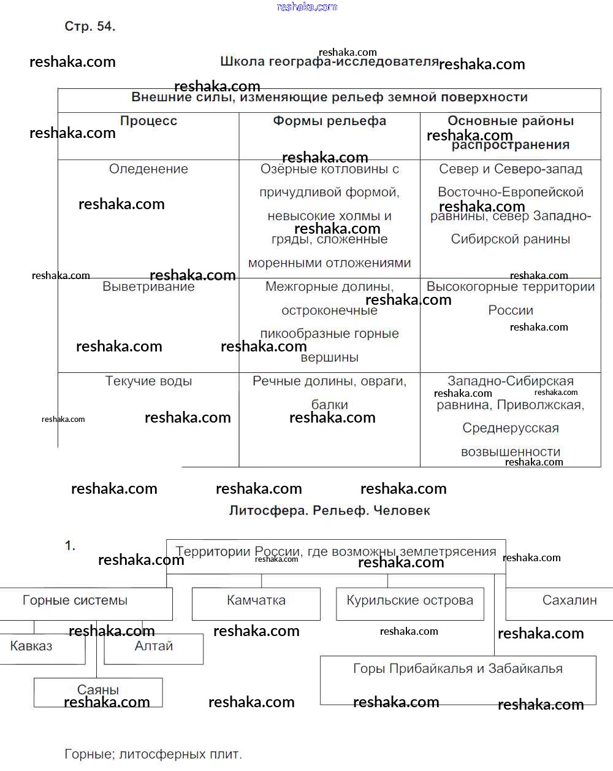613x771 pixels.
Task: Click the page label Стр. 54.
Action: point(89,26)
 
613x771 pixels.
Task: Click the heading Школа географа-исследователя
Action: point(329,61)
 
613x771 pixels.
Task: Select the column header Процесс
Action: point(148,121)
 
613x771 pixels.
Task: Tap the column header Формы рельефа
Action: point(329,121)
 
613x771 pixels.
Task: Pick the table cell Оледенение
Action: point(148,169)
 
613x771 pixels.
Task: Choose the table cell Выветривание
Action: point(148,286)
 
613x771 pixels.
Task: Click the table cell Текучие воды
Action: point(148,381)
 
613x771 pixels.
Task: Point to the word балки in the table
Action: point(329,404)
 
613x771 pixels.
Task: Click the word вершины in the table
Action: point(329,357)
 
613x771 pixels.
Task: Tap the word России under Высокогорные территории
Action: point(510,310)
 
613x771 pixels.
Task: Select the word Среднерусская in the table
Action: point(510,428)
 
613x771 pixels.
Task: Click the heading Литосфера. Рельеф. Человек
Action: point(329,510)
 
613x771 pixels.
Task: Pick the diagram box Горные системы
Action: point(75,600)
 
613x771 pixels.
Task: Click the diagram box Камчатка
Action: point(256,600)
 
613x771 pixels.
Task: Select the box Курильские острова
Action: point(409,600)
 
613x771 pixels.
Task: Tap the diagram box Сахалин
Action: point(569,600)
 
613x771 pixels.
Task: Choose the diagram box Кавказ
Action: point(32,646)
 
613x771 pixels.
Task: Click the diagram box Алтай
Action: point(153,646)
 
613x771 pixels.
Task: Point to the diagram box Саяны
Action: point(98,690)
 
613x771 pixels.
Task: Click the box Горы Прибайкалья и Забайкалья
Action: point(457,669)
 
